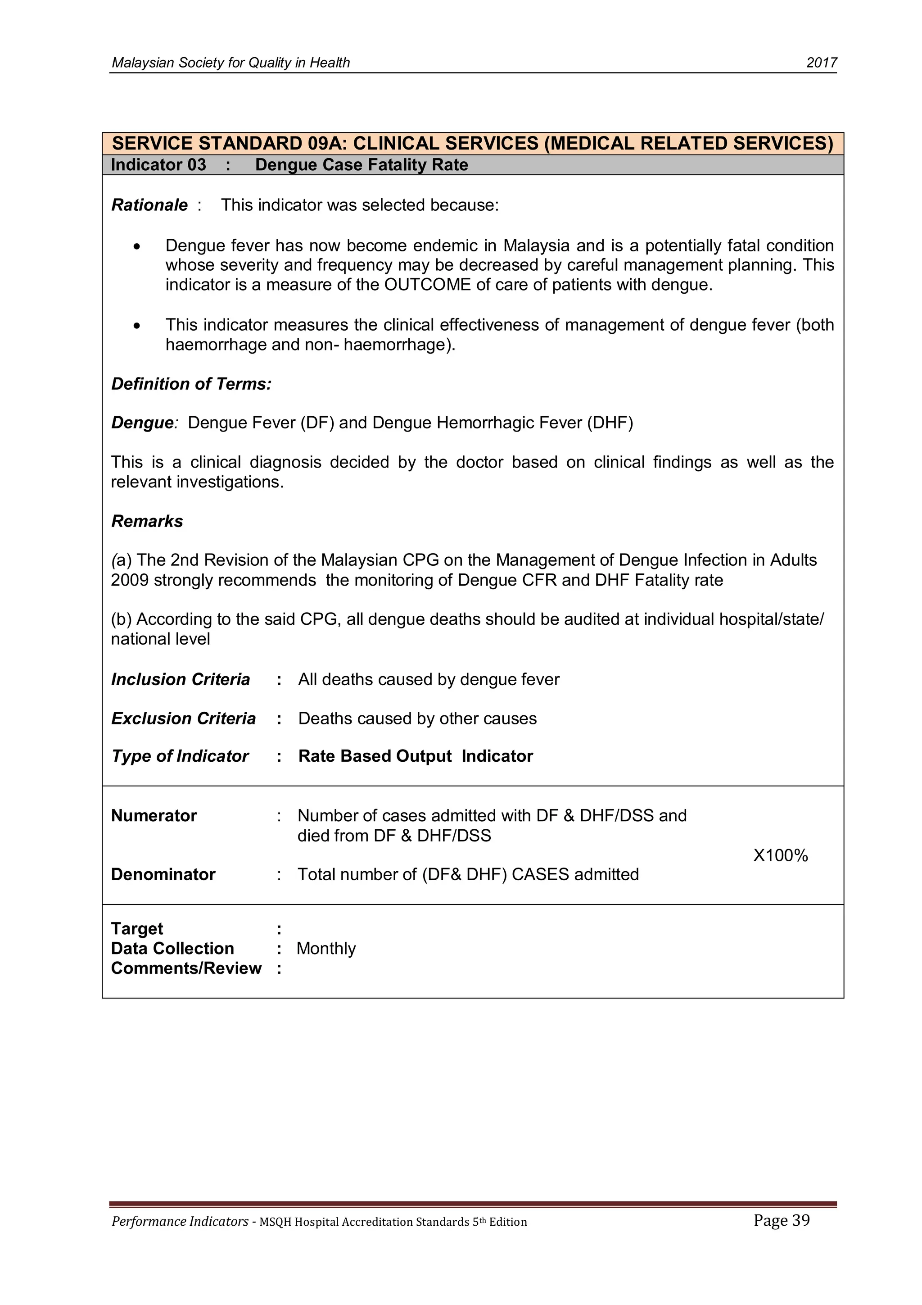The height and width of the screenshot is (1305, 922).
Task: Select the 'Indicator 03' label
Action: click(x=158, y=165)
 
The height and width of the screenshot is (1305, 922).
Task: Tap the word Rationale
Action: click(x=149, y=205)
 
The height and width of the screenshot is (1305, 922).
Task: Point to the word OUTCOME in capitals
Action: click(x=428, y=285)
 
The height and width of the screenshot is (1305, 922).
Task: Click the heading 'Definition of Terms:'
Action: click(x=191, y=384)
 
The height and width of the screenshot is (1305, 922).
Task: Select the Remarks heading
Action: click(x=147, y=521)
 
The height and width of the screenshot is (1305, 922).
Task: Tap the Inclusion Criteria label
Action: click(x=180, y=679)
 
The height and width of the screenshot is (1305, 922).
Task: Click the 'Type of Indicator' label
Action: click(x=180, y=756)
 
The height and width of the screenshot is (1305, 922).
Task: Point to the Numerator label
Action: click(x=154, y=816)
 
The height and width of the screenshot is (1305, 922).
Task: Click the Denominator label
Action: click(x=163, y=874)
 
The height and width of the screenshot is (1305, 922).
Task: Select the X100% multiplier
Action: click(x=780, y=855)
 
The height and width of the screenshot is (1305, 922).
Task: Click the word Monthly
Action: click(x=326, y=949)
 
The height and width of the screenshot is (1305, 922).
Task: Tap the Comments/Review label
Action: click(x=186, y=968)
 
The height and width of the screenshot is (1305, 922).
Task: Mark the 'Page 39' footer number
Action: click(x=781, y=1220)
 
